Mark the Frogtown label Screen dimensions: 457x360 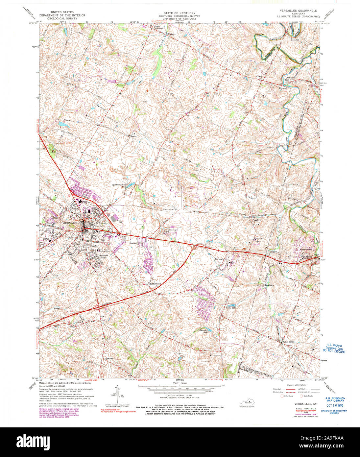pos(269,285)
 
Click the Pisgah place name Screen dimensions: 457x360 pos(255,221)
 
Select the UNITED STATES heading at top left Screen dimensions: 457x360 pos(62,12)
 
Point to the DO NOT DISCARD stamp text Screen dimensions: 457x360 pos(334,352)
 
